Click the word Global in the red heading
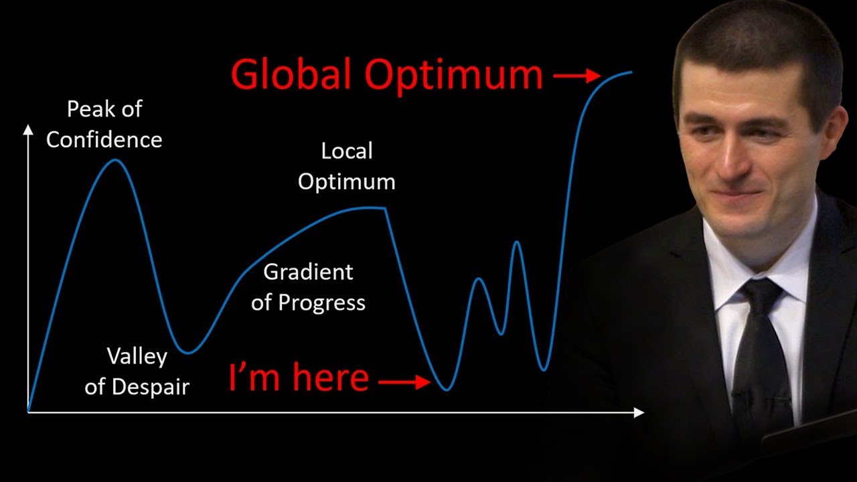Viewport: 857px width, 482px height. click(x=291, y=74)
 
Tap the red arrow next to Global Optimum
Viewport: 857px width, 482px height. click(x=577, y=76)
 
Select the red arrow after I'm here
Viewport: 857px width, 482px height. click(x=404, y=382)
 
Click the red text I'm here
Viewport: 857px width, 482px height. click(x=299, y=377)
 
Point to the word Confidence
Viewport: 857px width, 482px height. click(x=104, y=140)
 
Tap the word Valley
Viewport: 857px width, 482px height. click(x=137, y=357)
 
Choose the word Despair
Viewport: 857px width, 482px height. click(x=151, y=387)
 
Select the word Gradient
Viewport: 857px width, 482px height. click(x=308, y=272)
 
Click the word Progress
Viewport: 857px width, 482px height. click(x=321, y=303)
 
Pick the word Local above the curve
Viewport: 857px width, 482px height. click(x=347, y=151)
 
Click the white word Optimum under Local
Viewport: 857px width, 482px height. click(x=347, y=181)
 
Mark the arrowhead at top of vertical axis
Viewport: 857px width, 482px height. click(x=28, y=130)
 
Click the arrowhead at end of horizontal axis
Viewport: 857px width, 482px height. click(x=639, y=413)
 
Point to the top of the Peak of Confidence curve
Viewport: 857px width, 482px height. click(x=114, y=159)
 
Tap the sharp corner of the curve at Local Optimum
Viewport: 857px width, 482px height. click(x=384, y=208)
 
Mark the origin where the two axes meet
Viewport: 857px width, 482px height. click(x=28, y=412)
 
